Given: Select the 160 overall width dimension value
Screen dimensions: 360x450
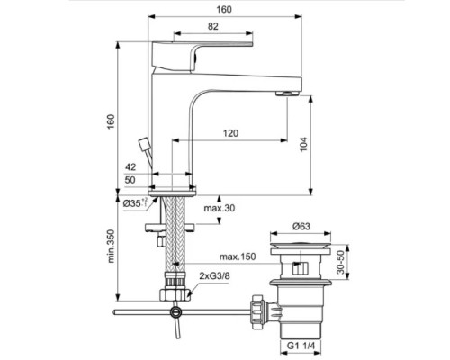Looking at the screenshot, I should point(223,9).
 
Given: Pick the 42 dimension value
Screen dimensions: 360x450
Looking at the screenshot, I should point(130,167).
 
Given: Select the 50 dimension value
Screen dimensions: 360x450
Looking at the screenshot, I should point(130,180).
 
